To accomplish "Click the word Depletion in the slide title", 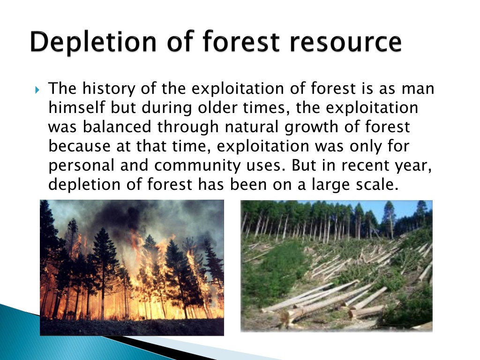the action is point(93,42).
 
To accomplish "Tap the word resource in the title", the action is point(345,42).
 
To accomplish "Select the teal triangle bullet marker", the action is point(37,90).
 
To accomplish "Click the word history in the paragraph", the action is point(109,89).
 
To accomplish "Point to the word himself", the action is point(77,108).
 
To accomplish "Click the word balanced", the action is point(117,127).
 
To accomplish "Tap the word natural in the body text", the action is point(252,127).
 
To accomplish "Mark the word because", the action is point(80,146).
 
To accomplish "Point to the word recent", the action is point(365,165).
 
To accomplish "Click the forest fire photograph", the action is point(132,268).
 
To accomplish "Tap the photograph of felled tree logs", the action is point(337,266).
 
